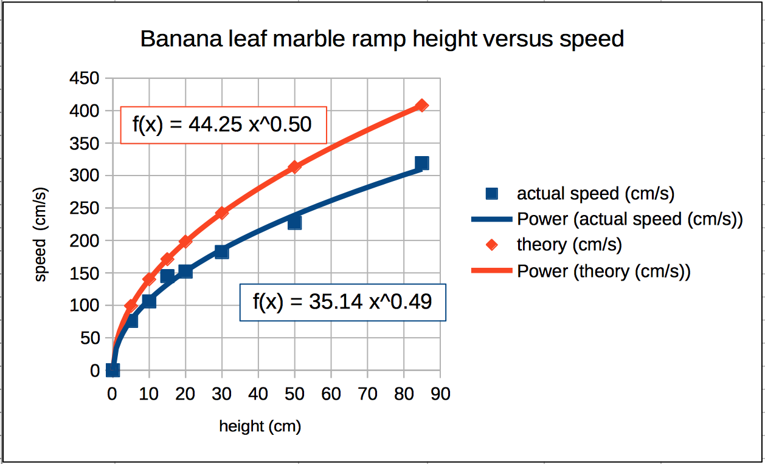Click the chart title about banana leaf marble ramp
382,39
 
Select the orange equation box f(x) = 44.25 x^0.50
223,125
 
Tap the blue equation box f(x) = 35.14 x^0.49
342,302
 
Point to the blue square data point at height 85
421,163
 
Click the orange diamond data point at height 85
421,106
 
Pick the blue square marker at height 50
294,222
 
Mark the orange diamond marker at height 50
294,166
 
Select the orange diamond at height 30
221,213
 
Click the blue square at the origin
112,370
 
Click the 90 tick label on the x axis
440,394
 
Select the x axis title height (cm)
260,427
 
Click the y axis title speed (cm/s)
41,234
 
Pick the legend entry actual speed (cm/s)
595,194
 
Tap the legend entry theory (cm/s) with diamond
569,245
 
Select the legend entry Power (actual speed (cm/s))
629,219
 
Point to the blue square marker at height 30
221,251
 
